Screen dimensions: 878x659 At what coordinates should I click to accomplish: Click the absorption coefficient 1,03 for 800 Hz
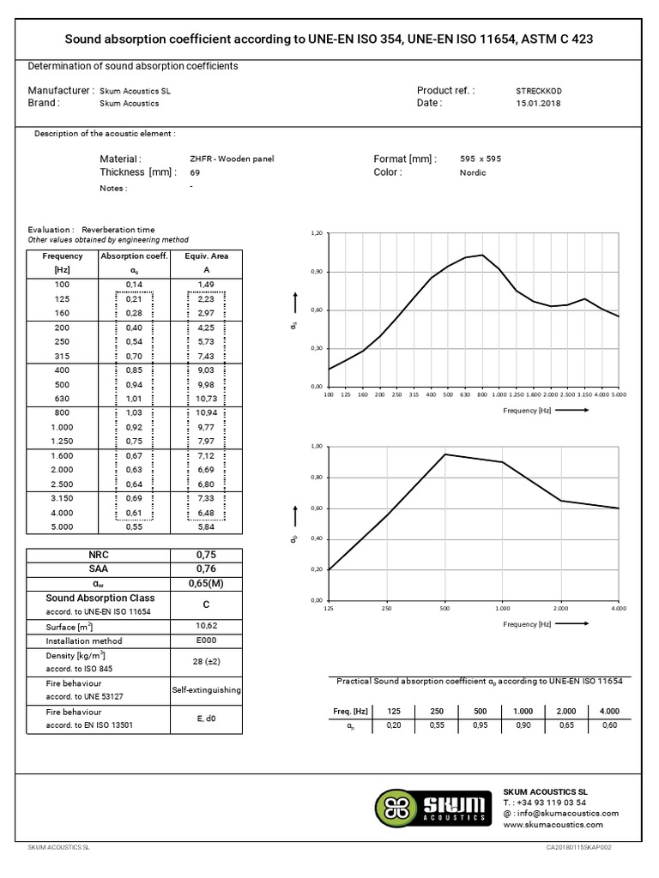[133, 413]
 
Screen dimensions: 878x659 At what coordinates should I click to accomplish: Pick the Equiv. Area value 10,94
[206, 413]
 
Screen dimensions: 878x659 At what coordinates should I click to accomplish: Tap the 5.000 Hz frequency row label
[62, 526]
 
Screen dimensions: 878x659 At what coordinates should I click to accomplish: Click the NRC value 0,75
[207, 555]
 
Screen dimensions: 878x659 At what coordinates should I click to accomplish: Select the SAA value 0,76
[207, 568]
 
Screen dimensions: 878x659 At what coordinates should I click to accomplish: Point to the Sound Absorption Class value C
[207, 603]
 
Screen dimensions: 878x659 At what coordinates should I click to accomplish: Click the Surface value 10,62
[207, 627]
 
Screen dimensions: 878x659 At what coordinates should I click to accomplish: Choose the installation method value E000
[207, 640]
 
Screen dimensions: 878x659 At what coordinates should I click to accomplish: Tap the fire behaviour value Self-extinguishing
[207, 689]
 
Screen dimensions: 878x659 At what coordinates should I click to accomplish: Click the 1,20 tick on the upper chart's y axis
[317, 233]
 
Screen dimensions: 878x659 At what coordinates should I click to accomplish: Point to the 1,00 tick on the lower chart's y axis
[317, 447]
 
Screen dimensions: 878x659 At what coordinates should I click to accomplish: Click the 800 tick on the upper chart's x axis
[482, 395]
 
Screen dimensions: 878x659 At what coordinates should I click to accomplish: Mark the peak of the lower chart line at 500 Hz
[444, 454]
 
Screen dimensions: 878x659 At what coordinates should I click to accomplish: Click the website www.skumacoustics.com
[553, 824]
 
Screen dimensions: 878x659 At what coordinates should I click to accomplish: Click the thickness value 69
[195, 172]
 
